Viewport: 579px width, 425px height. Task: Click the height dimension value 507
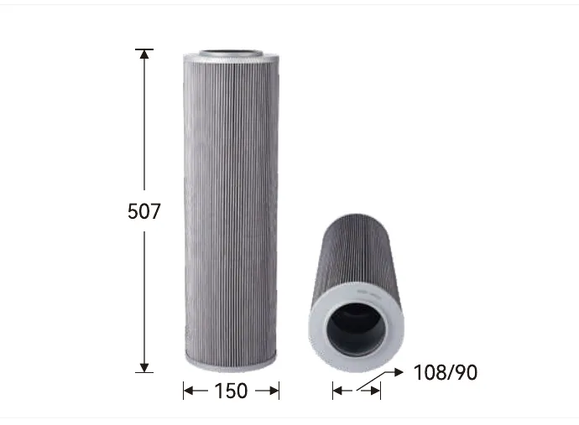click(144, 211)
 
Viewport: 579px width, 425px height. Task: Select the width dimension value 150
click(231, 391)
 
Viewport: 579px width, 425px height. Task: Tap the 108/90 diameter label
click(446, 373)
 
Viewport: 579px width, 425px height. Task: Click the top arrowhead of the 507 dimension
click(144, 54)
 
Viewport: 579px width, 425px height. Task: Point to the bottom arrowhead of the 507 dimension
click(144, 367)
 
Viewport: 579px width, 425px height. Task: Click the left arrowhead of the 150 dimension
click(189, 391)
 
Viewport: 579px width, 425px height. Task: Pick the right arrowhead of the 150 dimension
click(274, 391)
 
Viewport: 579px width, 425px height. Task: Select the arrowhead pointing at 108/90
click(399, 372)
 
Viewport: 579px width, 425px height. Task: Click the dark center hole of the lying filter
click(356, 329)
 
